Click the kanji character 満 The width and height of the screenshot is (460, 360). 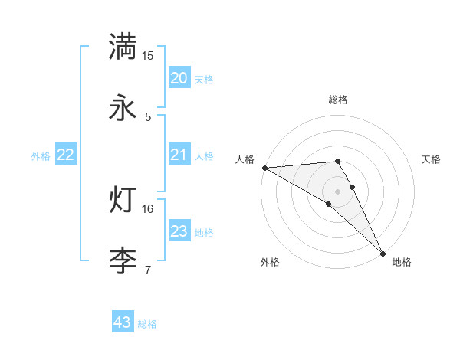123,47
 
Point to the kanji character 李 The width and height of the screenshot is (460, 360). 123,260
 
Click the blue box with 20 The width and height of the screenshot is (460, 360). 179,78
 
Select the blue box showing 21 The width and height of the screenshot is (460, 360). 179,155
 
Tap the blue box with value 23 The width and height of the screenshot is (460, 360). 179,231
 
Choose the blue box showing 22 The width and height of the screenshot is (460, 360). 66,155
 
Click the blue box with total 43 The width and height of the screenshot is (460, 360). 123,322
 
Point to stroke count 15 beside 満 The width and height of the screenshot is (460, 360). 147,56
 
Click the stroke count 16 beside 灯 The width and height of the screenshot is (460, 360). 147,208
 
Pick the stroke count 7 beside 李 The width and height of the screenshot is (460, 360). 147,270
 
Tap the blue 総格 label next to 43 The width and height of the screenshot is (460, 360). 147,324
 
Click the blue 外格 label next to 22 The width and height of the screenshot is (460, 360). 41,156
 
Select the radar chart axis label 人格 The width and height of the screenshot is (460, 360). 245,159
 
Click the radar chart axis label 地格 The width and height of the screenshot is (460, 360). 402,262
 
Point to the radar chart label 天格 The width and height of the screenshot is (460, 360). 432,159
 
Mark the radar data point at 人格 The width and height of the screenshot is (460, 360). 264,168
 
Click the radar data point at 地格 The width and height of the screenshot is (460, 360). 383,253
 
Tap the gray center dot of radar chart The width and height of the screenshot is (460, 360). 337,191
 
